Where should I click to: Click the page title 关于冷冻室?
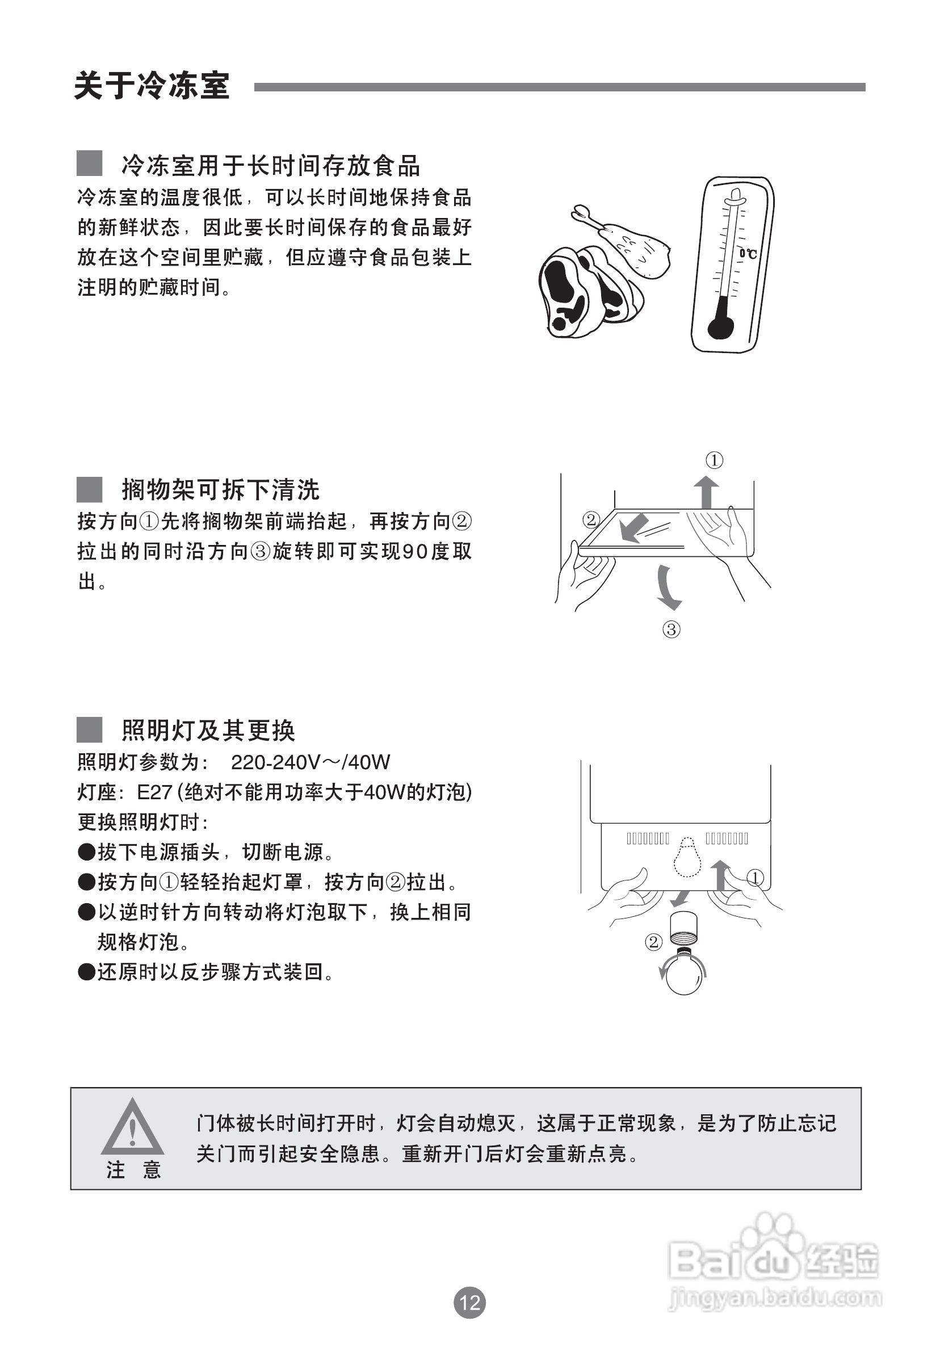[x=152, y=86]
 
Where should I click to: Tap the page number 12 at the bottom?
[x=469, y=1302]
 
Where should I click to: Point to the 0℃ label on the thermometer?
[x=748, y=254]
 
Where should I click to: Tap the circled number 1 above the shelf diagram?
[x=714, y=460]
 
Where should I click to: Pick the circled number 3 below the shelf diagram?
[x=671, y=630]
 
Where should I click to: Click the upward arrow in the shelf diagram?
[x=706, y=492]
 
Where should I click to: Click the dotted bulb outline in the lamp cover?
[x=687, y=857]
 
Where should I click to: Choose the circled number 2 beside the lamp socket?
[x=653, y=942]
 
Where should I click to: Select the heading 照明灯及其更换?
[x=208, y=730]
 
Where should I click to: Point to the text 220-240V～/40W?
[x=310, y=762]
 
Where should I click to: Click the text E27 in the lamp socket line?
[x=154, y=792]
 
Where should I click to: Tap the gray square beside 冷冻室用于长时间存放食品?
[x=90, y=163]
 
